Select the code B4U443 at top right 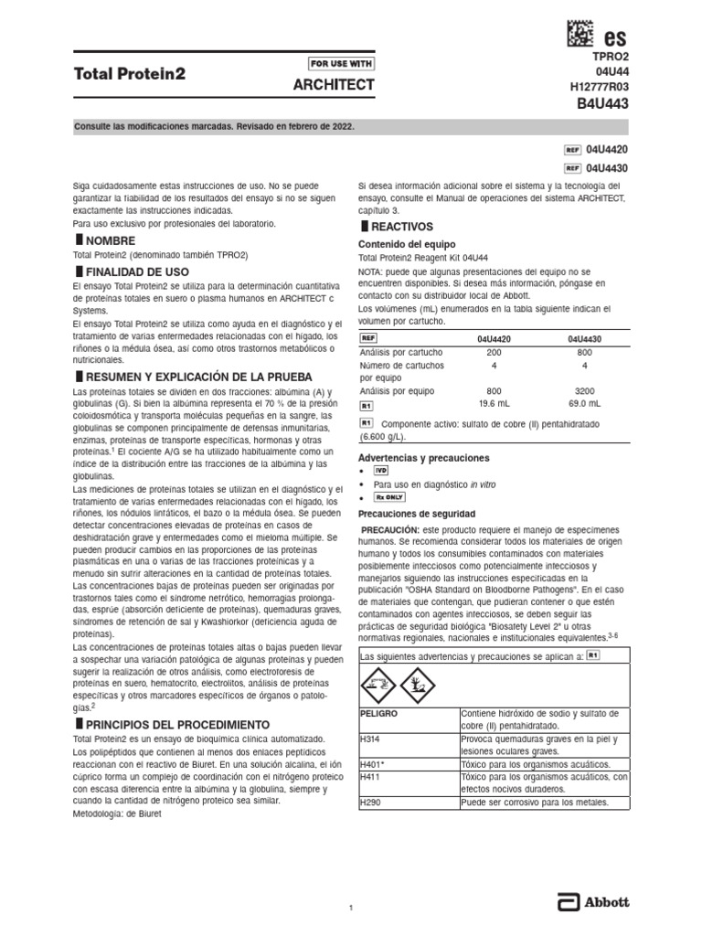coord(602,103)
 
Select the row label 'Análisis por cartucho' coord(401,352)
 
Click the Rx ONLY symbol coord(389,497)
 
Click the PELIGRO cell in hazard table coord(379,713)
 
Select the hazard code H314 coord(370,739)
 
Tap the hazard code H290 coord(370,803)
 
